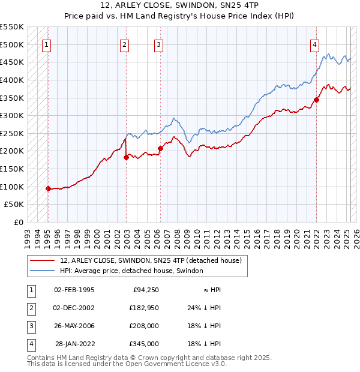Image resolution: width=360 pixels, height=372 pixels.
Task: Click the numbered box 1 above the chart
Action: tap(47, 44)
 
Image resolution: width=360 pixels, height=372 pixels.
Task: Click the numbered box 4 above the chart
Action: tap(314, 44)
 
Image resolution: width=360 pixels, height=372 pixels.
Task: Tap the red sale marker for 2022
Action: tap(316, 100)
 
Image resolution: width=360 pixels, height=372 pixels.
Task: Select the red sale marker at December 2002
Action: tap(127, 157)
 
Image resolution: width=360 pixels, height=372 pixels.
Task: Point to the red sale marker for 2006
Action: tap(160, 148)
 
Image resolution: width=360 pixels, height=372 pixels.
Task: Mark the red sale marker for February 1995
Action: tap(48, 188)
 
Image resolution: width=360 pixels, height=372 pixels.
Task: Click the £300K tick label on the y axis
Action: tap(13, 115)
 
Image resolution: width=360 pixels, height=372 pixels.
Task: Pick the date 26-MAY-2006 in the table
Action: tap(74, 326)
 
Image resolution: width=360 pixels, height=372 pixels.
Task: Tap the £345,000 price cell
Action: tap(144, 344)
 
